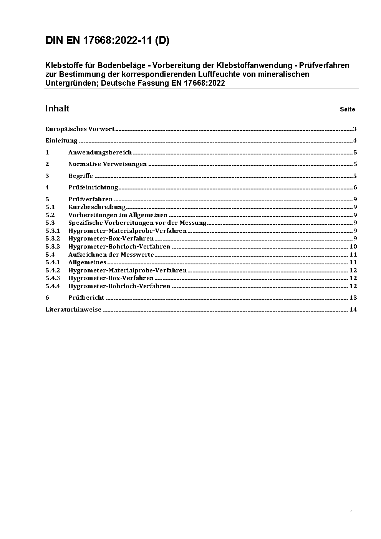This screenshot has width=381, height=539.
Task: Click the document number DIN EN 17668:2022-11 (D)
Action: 107,41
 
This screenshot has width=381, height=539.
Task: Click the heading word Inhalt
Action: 57,109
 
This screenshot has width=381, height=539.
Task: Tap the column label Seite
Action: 347,109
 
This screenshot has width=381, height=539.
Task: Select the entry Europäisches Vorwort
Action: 80,129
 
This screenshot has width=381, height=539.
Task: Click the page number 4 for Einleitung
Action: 355,141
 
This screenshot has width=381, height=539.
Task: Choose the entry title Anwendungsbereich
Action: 100,153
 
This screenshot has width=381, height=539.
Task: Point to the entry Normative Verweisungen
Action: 108,164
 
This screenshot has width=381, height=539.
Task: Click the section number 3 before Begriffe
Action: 47,176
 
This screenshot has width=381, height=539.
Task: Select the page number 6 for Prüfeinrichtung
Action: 355,187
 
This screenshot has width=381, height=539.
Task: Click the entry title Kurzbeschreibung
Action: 97,207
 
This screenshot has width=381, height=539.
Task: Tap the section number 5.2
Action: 50,215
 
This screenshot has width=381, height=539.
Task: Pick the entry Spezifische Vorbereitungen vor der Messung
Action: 137,223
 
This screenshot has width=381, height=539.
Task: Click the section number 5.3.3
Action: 53,247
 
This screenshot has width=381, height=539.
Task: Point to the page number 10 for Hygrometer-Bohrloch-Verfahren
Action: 353,247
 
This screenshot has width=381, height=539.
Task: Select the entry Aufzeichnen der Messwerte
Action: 111,255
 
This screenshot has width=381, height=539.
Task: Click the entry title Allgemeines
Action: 87,262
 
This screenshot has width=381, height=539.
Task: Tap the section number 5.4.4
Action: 53,286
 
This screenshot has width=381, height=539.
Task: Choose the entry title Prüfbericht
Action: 86,298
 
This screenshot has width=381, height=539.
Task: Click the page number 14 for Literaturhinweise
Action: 353,310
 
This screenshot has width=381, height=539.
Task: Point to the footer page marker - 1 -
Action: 351,512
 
